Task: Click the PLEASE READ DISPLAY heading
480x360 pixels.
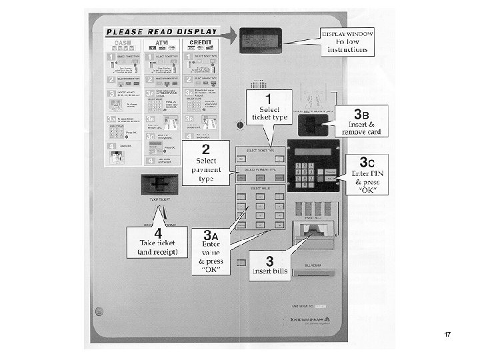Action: (x=162, y=31)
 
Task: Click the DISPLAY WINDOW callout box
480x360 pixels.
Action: (x=347, y=42)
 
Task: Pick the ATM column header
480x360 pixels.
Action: (x=161, y=44)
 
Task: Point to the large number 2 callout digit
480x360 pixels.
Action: (x=207, y=148)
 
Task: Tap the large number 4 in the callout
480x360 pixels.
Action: (x=159, y=235)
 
